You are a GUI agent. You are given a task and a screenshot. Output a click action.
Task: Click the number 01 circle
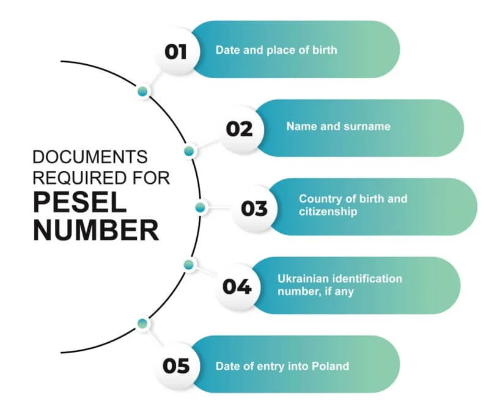pyautogui.click(x=177, y=51)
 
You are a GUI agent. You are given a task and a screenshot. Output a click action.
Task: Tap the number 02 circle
pyautogui.click(x=240, y=129)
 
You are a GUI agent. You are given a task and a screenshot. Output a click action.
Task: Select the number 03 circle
pyautogui.click(x=254, y=208)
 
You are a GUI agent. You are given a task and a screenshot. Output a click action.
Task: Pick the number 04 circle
pyautogui.click(x=237, y=287)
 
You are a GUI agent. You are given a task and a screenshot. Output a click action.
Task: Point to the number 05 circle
pyautogui.click(x=177, y=366)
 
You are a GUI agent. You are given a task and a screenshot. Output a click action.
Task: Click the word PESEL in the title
pyautogui.click(x=80, y=202)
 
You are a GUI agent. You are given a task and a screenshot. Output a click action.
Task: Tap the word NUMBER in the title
pyautogui.click(x=96, y=230)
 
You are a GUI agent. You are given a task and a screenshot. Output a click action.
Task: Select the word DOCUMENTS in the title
pyautogui.click(x=90, y=156)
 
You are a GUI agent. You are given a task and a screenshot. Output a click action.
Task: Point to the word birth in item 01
pyautogui.click(x=325, y=50)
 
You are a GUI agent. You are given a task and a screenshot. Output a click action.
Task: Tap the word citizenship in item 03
pyautogui.click(x=328, y=211)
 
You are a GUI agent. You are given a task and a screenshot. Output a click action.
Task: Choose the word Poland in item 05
pyautogui.click(x=330, y=366)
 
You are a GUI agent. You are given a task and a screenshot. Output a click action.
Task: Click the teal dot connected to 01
pyautogui.click(x=143, y=92)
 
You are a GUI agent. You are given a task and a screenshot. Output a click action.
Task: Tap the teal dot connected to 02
pyautogui.click(x=189, y=151)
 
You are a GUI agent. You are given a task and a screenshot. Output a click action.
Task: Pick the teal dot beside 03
pyautogui.click(x=200, y=207)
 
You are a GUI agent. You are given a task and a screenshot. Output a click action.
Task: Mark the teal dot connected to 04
pyautogui.click(x=188, y=265)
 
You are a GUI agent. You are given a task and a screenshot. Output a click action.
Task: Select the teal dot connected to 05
pyautogui.click(x=142, y=323)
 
